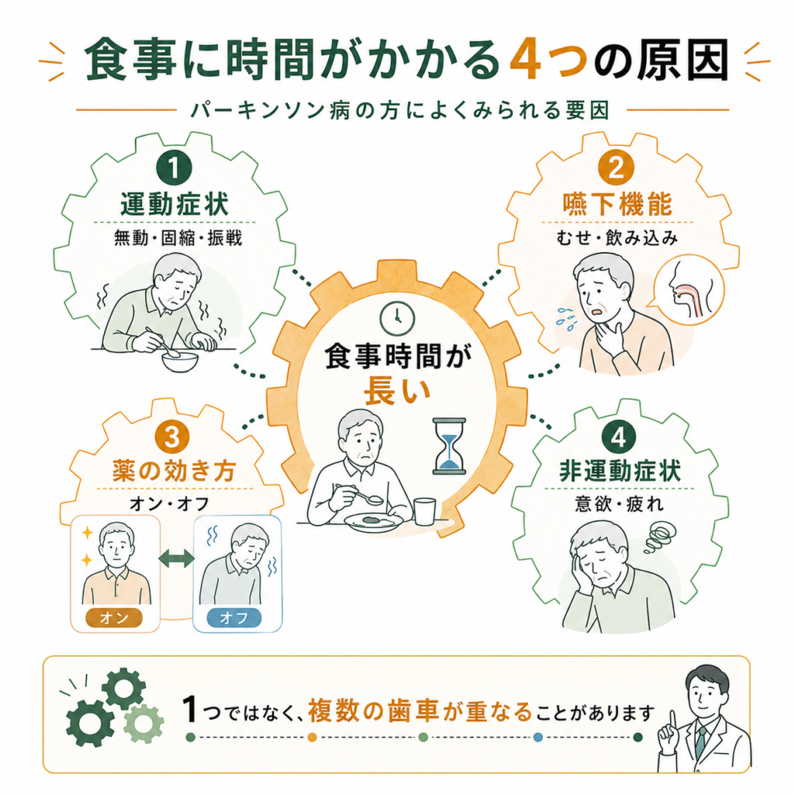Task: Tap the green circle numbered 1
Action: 174,168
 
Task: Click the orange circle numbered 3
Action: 172,436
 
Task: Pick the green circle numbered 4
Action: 618,436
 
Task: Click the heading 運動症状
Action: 175,205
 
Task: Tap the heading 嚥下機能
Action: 617,205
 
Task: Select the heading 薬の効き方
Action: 174,471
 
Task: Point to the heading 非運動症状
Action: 620,471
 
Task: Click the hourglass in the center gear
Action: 450,446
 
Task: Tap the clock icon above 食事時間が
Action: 397,318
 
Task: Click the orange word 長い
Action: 397,391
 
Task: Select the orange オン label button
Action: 114,617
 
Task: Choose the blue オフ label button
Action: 234,617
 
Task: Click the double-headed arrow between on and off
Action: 176,558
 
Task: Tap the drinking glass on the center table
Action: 425,511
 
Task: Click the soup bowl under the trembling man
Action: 180,362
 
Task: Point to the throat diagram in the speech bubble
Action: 689,290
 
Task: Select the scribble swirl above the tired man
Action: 660,537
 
